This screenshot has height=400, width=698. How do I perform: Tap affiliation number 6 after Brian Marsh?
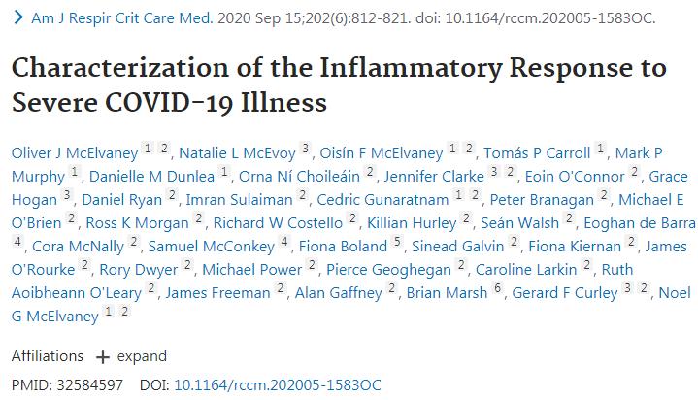pyautogui.click(x=497, y=289)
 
